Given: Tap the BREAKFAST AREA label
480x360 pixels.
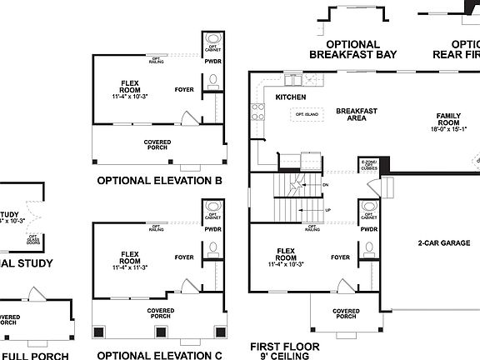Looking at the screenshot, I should [357, 114].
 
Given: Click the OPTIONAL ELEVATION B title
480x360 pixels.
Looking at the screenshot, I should [159, 180].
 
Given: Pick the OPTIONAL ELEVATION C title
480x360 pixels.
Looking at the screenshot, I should [159, 355].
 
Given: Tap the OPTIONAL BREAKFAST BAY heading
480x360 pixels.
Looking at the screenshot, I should [352, 49].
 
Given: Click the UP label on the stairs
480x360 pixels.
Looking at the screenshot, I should [328, 210].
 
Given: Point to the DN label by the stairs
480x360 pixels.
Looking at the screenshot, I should [326, 185].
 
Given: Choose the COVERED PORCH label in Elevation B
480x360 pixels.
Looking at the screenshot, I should [157, 145].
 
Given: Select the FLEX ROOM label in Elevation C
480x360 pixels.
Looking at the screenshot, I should [129, 260].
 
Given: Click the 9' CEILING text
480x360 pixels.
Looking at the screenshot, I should [284, 356].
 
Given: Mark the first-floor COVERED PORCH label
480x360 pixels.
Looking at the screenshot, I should [346, 315].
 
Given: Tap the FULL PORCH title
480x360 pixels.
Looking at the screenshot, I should [39, 355].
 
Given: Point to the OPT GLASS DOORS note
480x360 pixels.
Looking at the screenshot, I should [33, 239].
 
